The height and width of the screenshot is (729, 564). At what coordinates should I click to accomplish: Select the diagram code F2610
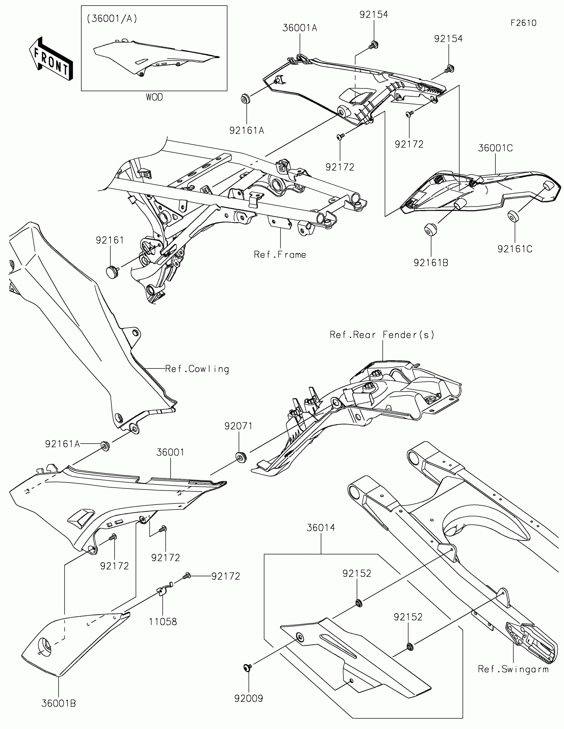(x=523, y=23)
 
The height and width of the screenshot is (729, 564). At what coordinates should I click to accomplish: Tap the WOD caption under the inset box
(x=154, y=98)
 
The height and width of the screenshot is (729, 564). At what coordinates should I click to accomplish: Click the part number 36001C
(x=495, y=148)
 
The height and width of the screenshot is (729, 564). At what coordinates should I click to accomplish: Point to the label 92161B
(x=431, y=263)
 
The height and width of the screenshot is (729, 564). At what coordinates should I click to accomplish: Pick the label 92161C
(x=515, y=249)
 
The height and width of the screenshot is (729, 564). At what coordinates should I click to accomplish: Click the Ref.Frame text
(x=280, y=255)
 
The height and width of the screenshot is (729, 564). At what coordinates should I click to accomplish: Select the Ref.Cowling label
(x=197, y=369)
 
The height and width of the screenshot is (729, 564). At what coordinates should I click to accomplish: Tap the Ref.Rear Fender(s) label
(x=382, y=335)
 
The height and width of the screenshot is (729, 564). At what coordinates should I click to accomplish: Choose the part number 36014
(x=321, y=528)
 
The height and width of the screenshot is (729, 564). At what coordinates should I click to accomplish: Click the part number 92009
(x=248, y=698)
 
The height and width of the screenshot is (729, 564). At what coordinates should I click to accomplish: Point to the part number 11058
(x=163, y=621)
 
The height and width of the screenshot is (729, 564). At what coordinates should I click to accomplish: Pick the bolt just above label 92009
(x=247, y=667)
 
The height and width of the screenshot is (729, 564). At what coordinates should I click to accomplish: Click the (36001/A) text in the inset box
(x=112, y=19)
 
